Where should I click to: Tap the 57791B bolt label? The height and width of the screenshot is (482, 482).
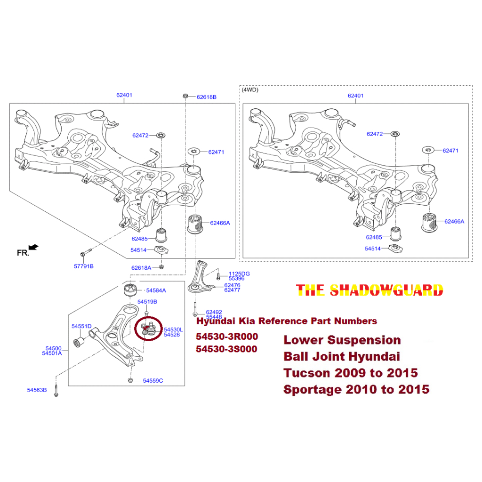[84, 266]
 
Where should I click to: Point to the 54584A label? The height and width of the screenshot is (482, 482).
[156, 290]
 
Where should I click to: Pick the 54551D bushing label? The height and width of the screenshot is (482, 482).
[81, 326]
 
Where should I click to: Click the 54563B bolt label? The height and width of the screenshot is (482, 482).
[37, 390]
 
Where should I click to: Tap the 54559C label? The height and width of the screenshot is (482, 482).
[153, 380]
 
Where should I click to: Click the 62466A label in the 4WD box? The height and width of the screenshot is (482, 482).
[454, 221]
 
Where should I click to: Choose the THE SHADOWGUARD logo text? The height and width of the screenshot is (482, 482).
[370, 290]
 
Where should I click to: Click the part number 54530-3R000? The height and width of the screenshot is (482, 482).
[227, 337]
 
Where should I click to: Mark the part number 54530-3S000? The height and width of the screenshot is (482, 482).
[227, 349]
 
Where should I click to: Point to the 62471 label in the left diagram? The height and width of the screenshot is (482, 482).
[217, 152]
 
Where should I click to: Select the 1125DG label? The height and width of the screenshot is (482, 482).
[239, 273]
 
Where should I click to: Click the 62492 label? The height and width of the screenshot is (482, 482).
[214, 312]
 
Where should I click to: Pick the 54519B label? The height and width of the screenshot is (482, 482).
[147, 302]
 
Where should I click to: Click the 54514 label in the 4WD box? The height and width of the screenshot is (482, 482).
[373, 249]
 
